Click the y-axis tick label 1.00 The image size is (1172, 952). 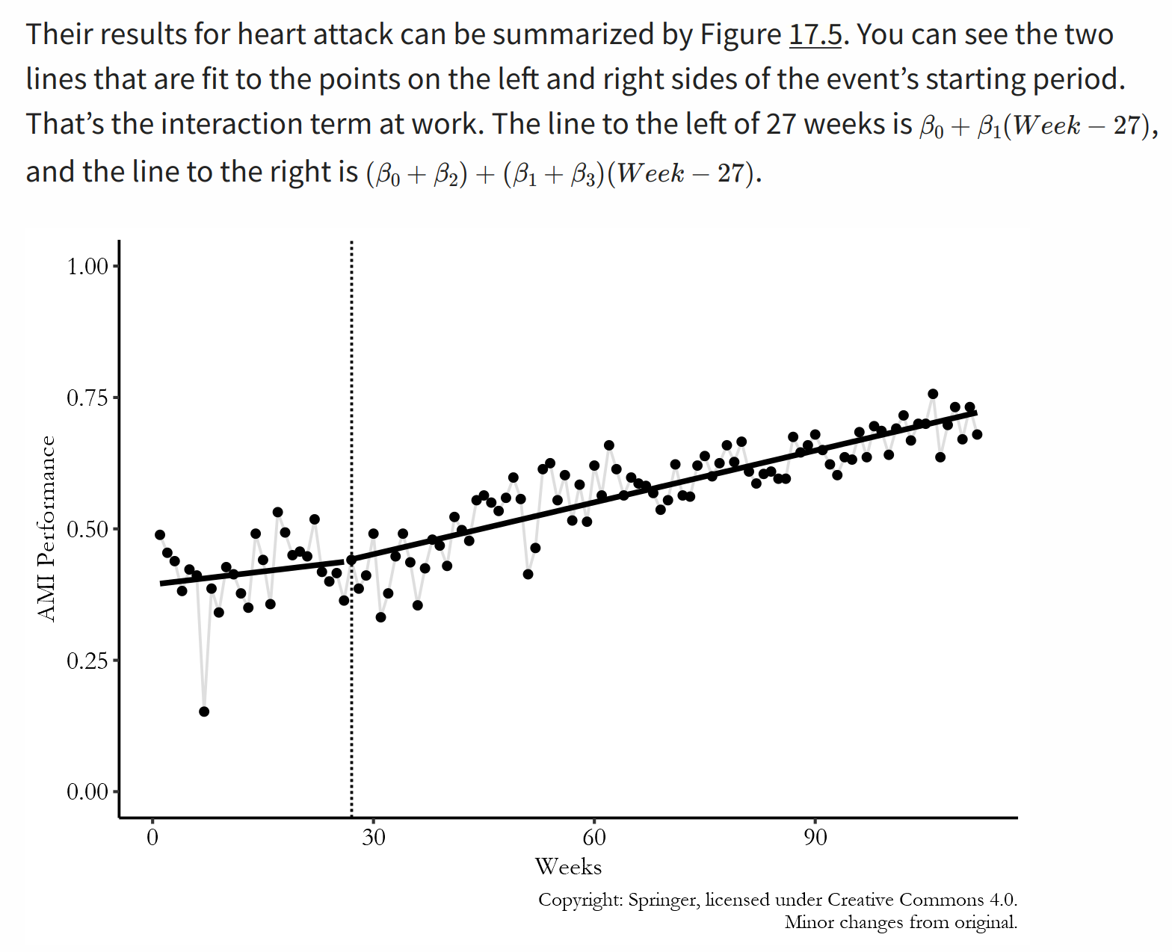pyautogui.click(x=87, y=266)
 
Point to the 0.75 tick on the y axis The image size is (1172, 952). pyautogui.click(x=87, y=398)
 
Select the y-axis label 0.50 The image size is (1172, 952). pyautogui.click(x=87, y=529)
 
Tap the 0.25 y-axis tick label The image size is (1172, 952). pyautogui.click(x=87, y=661)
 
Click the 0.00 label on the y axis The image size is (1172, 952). pyautogui.click(x=87, y=791)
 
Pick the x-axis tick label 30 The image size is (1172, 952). pyautogui.click(x=374, y=837)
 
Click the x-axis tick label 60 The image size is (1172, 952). pyautogui.click(x=594, y=837)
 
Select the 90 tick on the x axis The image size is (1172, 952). pyautogui.click(x=815, y=837)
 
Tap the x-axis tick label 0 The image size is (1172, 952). pyautogui.click(x=152, y=837)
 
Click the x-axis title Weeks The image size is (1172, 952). pyautogui.click(x=568, y=867)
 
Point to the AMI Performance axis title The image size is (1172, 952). pyautogui.click(x=46, y=528)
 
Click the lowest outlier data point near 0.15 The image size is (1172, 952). pyautogui.click(x=204, y=711)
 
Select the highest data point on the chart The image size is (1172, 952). pyautogui.click(x=933, y=394)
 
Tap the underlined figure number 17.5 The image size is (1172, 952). pyautogui.click(x=815, y=34)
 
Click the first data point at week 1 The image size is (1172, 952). pyautogui.click(x=160, y=535)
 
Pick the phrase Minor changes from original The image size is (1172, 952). pyautogui.click(x=901, y=922)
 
